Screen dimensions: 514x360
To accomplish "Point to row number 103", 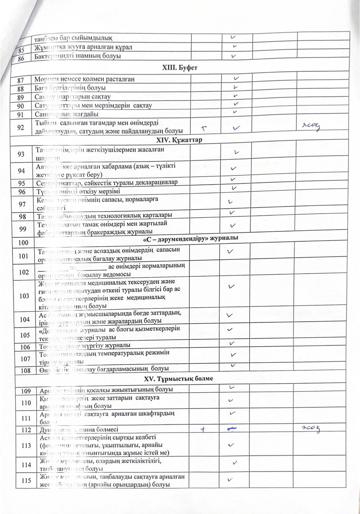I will (x=24, y=295).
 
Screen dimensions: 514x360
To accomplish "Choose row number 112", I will (x=24, y=430).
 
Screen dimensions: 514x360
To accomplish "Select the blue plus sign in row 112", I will (x=204, y=429).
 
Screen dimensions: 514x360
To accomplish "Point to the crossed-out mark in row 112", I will (x=233, y=429).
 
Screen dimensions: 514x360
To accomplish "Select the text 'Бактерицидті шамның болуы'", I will (x=77, y=57).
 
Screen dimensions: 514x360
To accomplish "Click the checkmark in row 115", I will (x=231, y=479).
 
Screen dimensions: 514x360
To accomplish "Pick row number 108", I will (x=24, y=369).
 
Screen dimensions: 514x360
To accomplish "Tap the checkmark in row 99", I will (x=233, y=226).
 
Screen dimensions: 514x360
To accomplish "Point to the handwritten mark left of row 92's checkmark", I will (x=204, y=128).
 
